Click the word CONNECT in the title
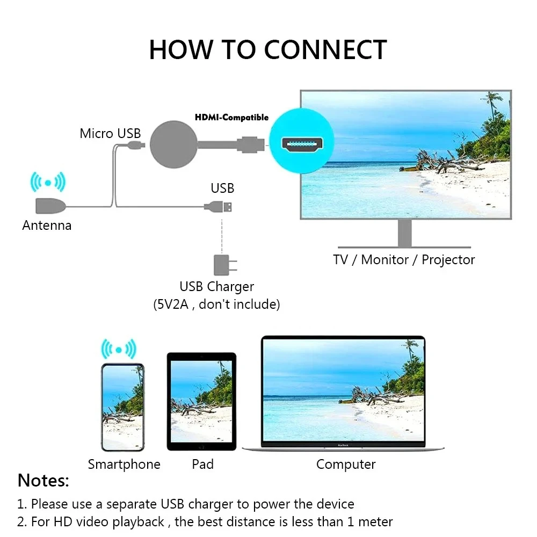(325, 49)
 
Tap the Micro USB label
(110, 133)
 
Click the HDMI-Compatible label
(231, 117)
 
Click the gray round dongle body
(174, 144)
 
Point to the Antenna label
(47, 226)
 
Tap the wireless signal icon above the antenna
(48, 183)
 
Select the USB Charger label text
(216, 287)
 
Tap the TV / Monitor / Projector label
(404, 260)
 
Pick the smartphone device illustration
(122, 407)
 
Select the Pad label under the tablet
(202, 464)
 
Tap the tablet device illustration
(201, 401)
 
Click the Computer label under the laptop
(346, 464)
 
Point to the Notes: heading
(43, 481)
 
